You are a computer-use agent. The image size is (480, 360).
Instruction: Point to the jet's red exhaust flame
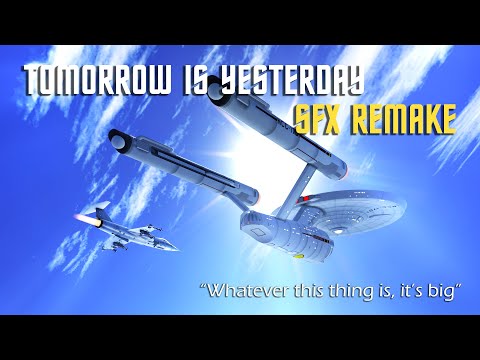(x=76, y=219)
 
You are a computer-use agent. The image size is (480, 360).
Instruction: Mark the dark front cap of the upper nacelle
(x=217, y=97)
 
